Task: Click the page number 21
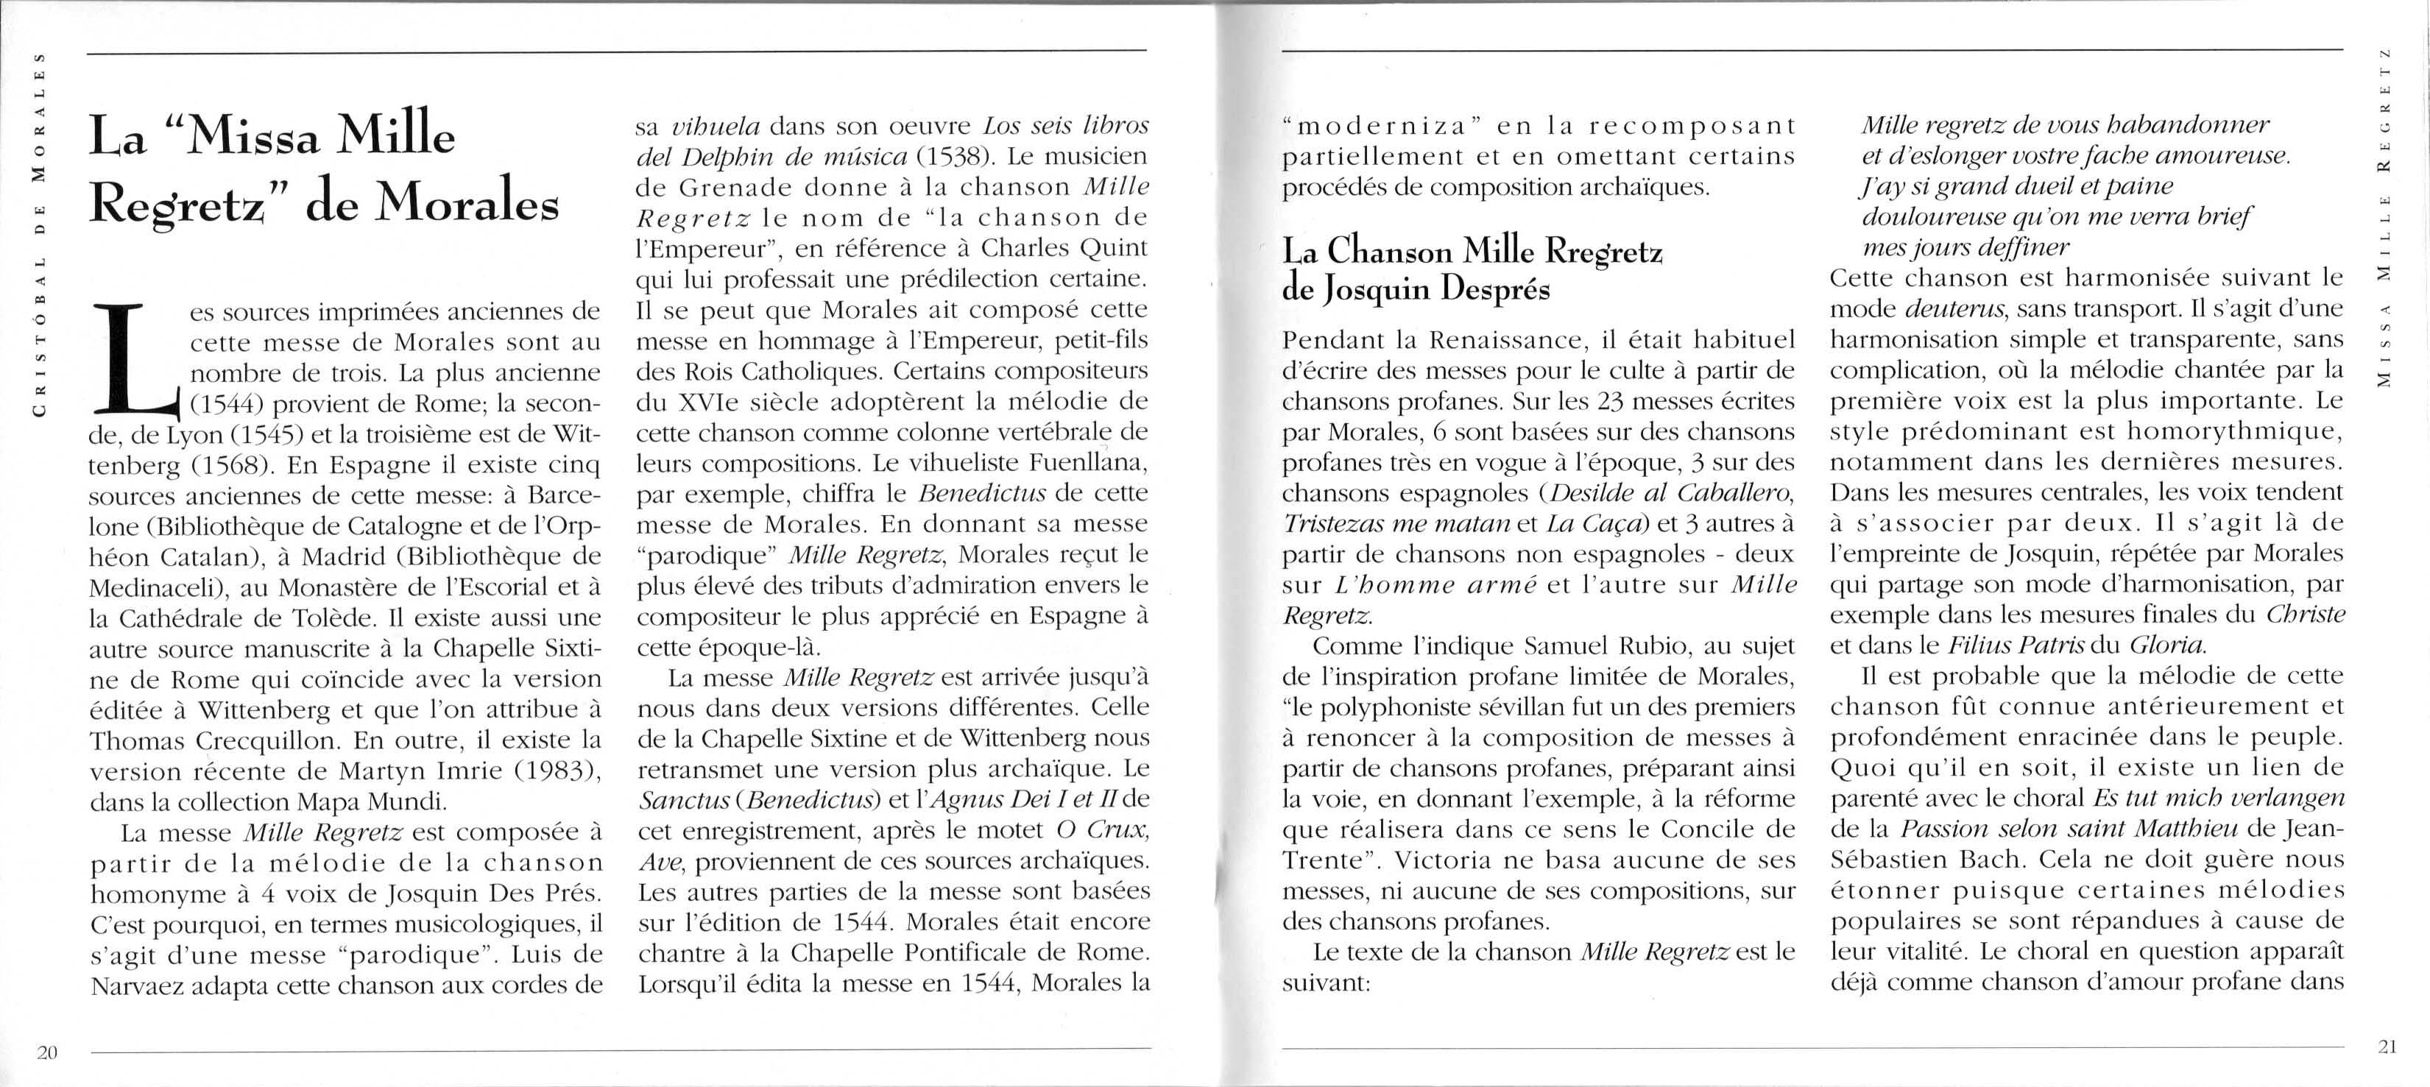coord(2387,1046)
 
